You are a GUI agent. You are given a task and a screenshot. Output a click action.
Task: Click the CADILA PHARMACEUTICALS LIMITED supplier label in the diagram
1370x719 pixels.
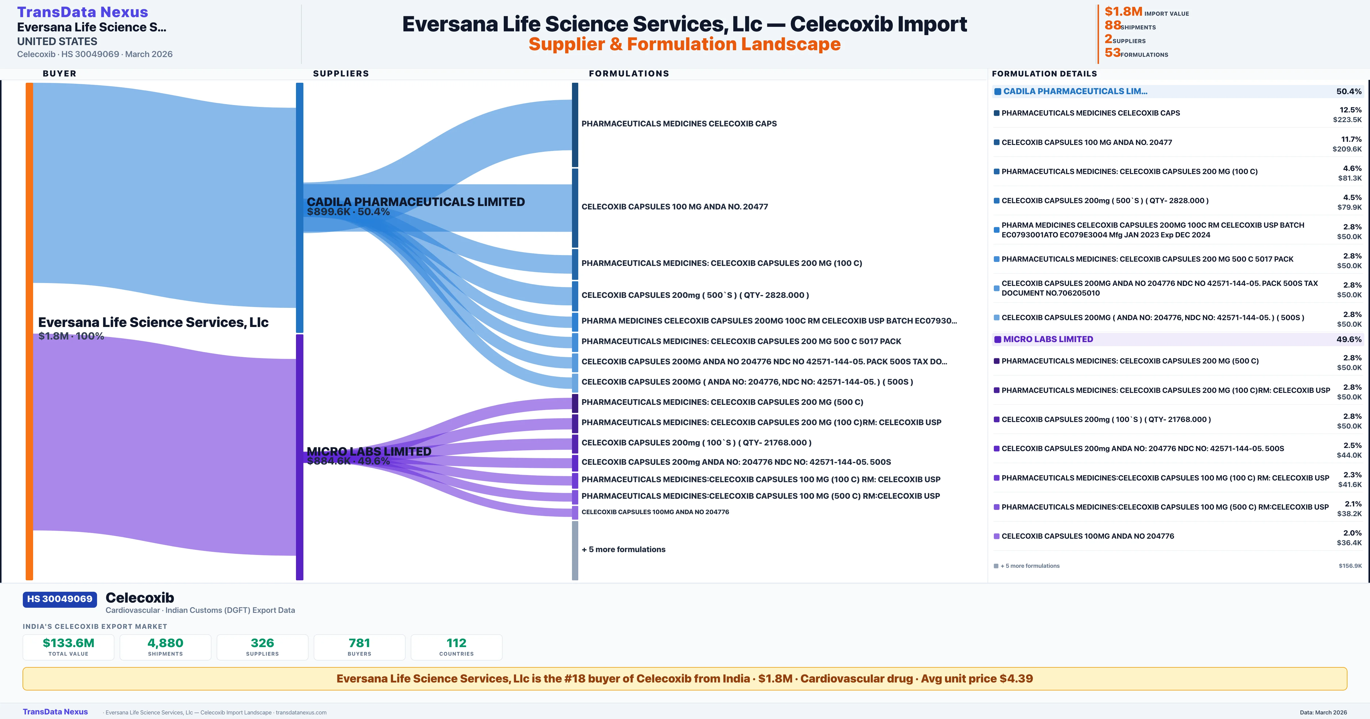coord(415,202)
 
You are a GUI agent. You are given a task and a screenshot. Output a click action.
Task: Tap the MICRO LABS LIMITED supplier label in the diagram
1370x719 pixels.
coord(369,451)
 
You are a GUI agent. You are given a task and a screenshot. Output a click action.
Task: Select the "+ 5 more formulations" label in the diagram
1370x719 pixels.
coord(623,549)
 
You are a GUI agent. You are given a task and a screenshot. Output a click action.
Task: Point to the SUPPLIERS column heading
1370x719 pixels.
coord(341,73)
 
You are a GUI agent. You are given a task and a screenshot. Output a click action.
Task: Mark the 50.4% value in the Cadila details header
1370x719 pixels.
coord(1349,92)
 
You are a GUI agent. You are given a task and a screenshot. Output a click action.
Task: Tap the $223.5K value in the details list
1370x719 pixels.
coord(1347,120)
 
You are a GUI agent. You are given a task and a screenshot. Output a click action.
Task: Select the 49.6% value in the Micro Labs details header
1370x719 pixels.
coord(1349,339)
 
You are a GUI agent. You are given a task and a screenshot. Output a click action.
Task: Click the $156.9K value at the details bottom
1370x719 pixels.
coord(1350,566)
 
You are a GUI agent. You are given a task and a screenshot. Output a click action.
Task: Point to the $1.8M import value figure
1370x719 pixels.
coord(1123,12)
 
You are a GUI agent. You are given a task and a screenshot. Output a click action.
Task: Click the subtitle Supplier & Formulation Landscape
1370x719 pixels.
coord(684,44)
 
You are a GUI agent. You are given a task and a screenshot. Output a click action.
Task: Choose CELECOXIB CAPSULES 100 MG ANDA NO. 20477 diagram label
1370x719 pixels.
coord(674,207)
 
